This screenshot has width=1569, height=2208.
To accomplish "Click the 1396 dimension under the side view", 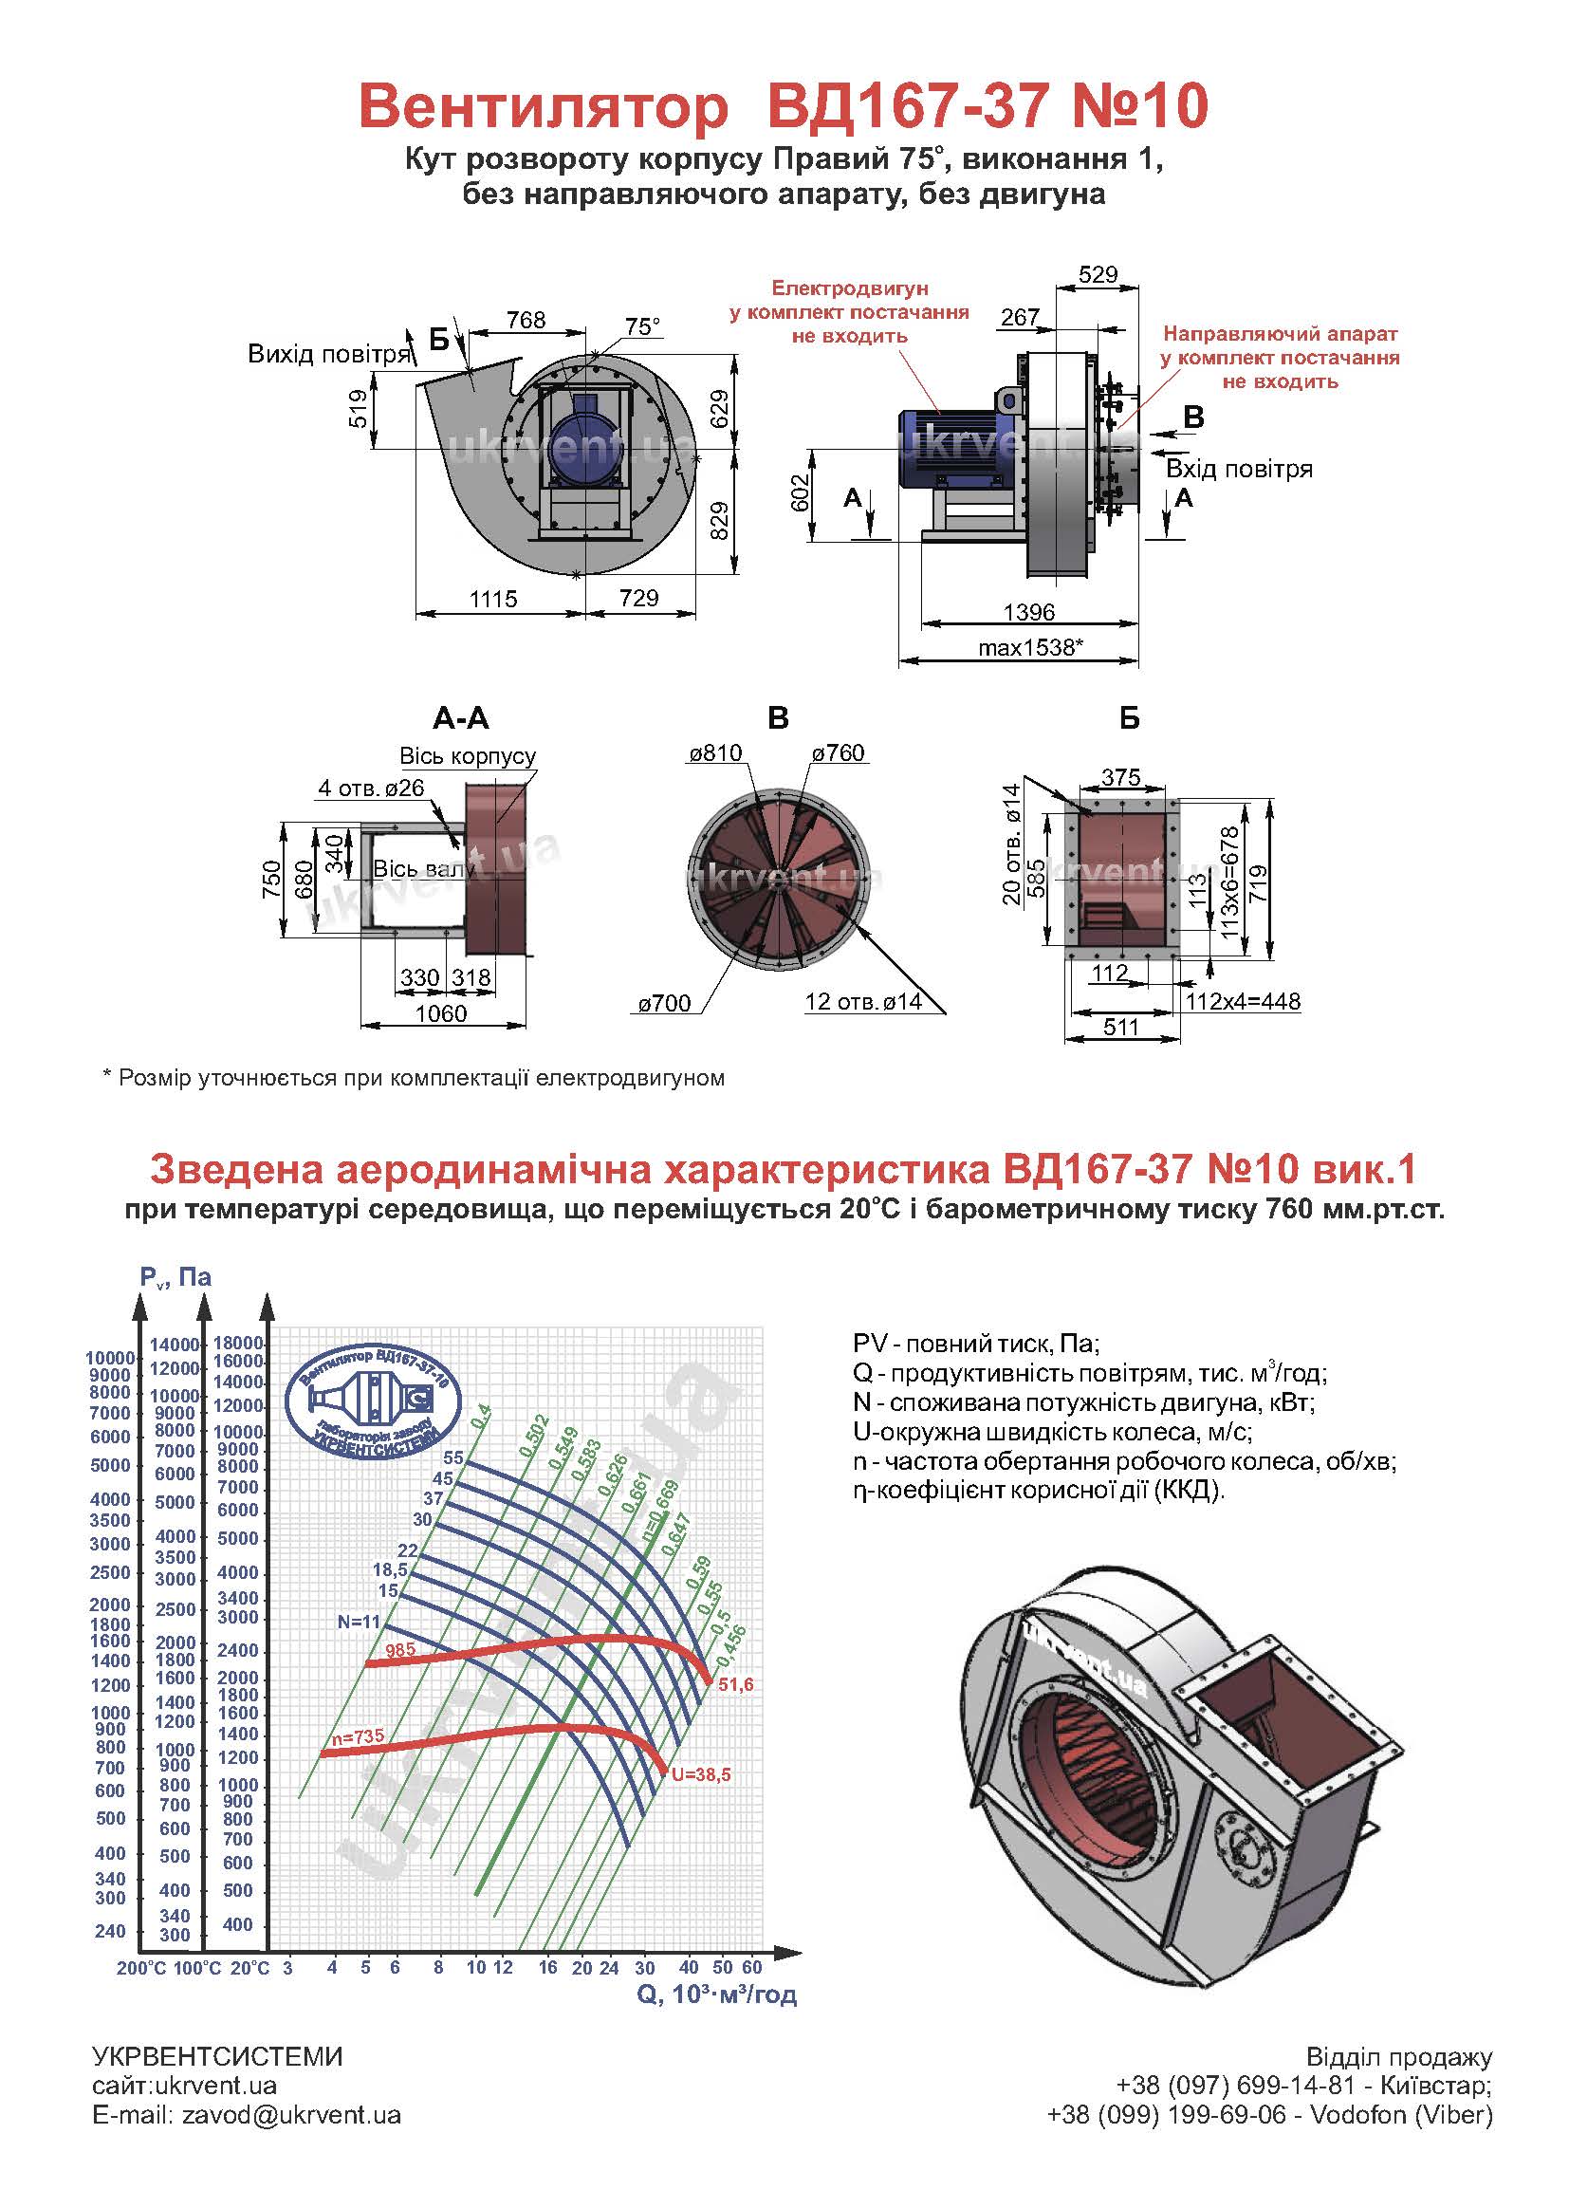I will tap(1029, 612).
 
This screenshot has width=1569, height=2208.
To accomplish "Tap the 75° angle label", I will tap(642, 326).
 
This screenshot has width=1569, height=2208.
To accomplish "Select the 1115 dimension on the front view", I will tap(493, 599).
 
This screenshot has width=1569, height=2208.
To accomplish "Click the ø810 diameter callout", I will tap(715, 752).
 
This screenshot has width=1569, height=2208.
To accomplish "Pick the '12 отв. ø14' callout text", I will tap(862, 1002).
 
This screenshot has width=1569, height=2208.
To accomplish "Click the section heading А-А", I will tap(461, 718).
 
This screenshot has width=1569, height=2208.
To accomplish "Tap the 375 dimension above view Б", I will tap(1120, 778).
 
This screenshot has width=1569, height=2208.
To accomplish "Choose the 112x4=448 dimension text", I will tap(1243, 1002).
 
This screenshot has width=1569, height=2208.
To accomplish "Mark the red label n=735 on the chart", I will tap(359, 1737).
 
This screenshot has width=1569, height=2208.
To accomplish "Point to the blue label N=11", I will tap(360, 1623).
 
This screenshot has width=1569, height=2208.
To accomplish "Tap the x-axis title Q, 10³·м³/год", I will tap(717, 1995).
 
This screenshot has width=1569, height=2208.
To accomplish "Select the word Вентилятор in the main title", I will tap(543, 107).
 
